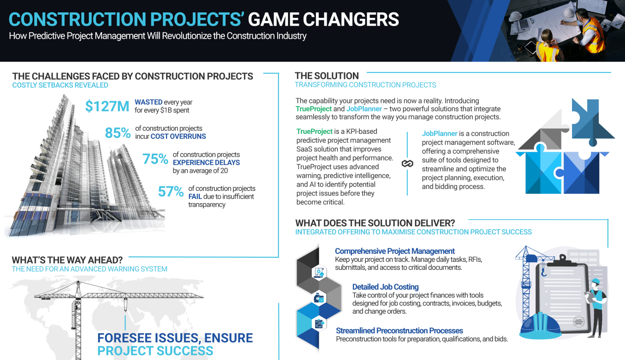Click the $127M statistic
(107, 107)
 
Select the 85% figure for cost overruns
(118, 133)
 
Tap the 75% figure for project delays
(155, 159)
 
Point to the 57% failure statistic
(171, 192)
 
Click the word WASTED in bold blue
(149, 102)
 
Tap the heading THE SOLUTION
(327, 76)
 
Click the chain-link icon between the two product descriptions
(407, 164)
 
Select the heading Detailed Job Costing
(385, 287)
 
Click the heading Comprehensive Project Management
(395, 251)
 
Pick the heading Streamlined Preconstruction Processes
(399, 331)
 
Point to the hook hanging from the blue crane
(544, 271)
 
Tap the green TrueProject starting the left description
(314, 131)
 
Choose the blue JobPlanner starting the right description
(440, 133)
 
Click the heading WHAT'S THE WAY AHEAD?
(67, 260)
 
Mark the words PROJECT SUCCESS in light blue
(155, 351)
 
